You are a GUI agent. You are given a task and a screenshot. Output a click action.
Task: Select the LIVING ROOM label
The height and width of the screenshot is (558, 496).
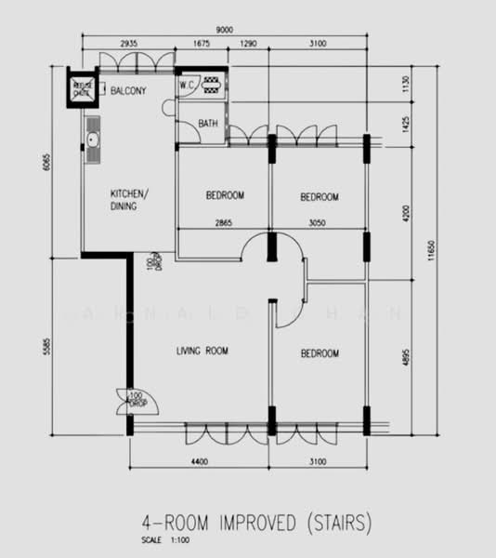[202, 352]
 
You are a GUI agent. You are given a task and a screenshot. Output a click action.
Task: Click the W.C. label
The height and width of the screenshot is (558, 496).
[186, 85]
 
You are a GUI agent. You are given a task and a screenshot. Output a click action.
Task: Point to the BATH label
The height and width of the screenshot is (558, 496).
[208, 123]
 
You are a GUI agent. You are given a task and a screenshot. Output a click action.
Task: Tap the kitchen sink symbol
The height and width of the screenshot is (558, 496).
[92, 140]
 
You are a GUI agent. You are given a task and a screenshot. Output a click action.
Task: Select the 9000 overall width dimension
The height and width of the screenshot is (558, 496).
[225, 30]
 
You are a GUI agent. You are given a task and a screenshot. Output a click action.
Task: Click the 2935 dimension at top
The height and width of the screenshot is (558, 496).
[129, 45]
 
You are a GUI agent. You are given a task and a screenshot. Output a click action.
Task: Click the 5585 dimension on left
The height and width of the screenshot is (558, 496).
[43, 342]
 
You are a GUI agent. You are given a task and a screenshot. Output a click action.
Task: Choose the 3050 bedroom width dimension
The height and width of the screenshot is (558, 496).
[318, 224]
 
